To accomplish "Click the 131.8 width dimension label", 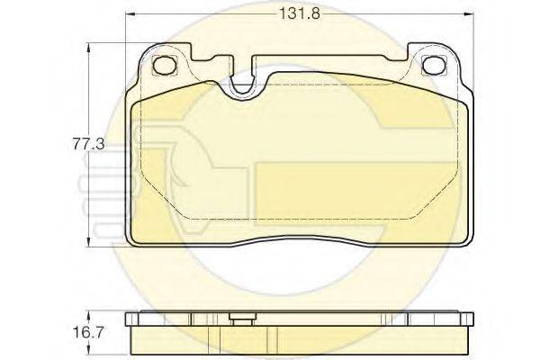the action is (299, 13).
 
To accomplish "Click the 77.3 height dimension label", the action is (88, 144).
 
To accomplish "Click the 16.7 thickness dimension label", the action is (88, 333).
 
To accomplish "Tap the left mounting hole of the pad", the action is (165, 65).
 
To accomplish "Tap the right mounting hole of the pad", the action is (434, 65).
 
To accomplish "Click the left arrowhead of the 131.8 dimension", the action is (130, 14).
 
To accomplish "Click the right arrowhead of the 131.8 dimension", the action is (469, 14).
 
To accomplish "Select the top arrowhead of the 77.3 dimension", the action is (89, 48).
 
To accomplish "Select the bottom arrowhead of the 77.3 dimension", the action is (89, 242).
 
